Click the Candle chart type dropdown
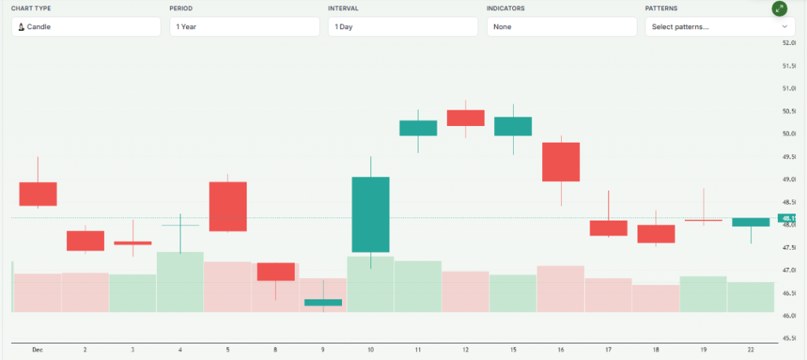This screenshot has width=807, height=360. coord(86,27)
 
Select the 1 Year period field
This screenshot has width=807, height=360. coord(244,27)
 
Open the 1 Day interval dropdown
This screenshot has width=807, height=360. coord(403,27)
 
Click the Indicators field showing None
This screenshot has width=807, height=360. coord(561,27)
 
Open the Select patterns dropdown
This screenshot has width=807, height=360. coord(720,27)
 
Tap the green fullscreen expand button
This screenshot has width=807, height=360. coord(779,9)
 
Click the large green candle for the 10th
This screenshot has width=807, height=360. coord(370,214)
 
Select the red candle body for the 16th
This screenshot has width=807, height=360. coord(560,161)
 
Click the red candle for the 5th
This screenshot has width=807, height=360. coord(228,206)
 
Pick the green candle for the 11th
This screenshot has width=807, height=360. coord(418,128)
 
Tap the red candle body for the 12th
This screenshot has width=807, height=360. coord(465,118)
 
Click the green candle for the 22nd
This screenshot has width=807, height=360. coord(750,222)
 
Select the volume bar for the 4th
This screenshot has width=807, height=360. coord(180,282)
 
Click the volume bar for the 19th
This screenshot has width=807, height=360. coord(703,294)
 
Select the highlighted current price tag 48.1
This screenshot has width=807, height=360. coord(790,217)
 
